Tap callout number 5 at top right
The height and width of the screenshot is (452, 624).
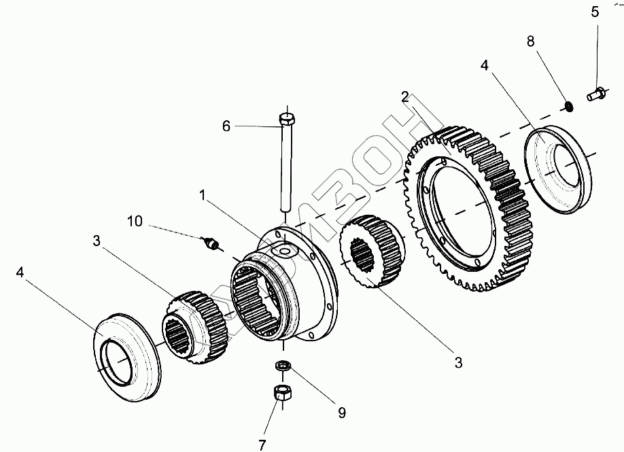click(x=595, y=12)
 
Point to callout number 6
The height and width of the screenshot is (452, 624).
click(x=226, y=126)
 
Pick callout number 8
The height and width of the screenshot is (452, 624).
click(x=531, y=41)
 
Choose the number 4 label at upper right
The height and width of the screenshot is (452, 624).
click(x=484, y=66)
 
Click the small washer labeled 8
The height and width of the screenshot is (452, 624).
click(x=568, y=106)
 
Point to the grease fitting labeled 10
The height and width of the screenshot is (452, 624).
click(x=211, y=243)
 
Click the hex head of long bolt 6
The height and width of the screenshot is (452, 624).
click(x=287, y=121)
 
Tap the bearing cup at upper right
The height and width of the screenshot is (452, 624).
click(x=559, y=169)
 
